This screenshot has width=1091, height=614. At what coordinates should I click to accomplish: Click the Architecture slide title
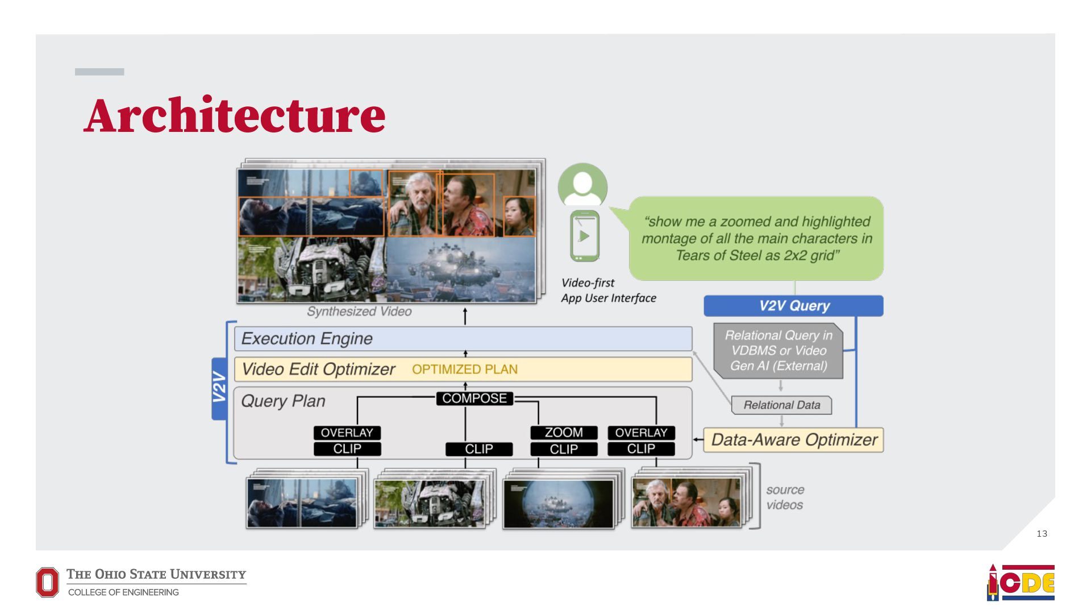235,115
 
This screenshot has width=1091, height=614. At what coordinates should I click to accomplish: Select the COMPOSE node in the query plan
474,399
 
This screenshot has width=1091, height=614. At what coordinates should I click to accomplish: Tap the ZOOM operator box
564,433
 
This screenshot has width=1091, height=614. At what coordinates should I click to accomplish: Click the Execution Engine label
307,339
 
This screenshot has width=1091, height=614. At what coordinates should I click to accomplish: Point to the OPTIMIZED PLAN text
464,370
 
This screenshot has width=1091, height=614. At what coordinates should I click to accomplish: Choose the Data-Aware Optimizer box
793,440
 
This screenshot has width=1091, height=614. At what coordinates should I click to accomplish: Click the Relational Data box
782,405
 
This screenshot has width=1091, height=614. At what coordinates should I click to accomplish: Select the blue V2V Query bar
793,306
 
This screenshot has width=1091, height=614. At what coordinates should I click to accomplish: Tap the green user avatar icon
582,185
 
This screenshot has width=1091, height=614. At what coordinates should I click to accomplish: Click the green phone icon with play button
584,236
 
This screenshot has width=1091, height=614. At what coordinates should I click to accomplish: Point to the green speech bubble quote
756,238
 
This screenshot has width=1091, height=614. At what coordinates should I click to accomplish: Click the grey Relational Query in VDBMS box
778,351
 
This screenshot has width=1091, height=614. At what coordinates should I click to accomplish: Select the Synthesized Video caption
359,312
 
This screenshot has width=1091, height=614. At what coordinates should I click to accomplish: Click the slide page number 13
1042,534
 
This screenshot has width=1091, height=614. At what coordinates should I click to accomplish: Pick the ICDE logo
1021,583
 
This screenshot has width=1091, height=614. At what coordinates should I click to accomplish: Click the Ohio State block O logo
47,583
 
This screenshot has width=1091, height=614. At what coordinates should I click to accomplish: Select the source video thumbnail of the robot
430,503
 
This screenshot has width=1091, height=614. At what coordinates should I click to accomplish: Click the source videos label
785,497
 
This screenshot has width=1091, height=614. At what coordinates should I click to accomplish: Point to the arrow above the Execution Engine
465,317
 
